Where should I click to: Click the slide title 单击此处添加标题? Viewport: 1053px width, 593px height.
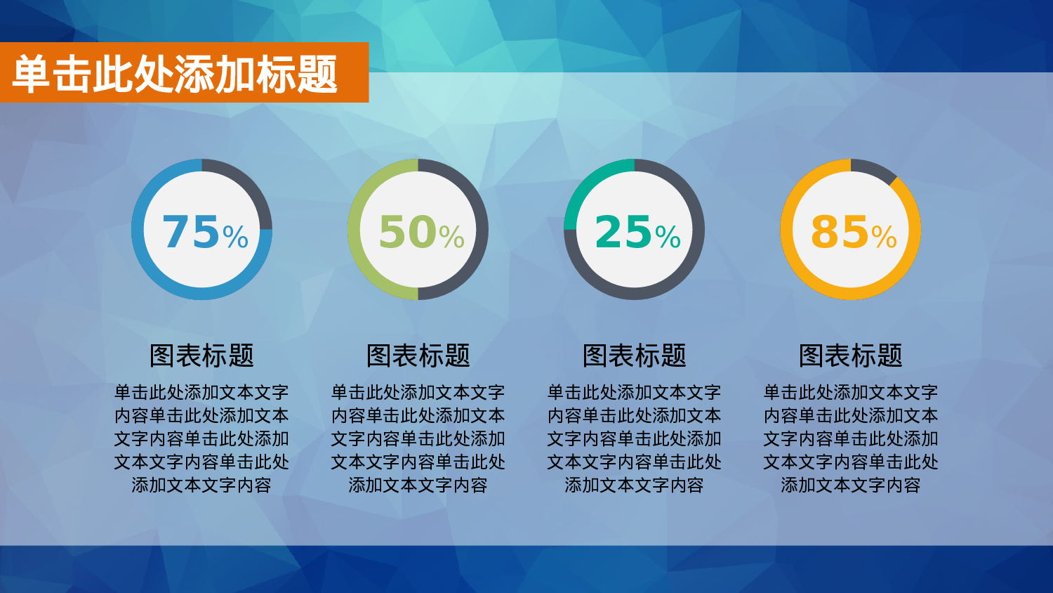tap(175, 74)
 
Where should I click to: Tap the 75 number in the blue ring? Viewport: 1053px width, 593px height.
tap(191, 232)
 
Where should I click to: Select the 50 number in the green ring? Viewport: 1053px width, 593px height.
tap(407, 232)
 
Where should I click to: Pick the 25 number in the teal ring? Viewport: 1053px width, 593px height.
tap(623, 232)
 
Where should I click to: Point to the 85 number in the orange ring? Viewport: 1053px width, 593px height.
tap(840, 232)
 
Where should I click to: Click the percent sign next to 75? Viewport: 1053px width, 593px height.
tap(235, 237)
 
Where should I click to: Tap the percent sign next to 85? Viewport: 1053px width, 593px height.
tap(884, 237)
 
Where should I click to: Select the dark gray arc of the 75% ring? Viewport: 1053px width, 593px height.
tap(247, 185)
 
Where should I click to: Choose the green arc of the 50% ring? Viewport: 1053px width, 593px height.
tap(355, 230)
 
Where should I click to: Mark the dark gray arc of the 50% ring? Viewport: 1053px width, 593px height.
tap(482, 230)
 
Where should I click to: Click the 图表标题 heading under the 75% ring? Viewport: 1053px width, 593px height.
tap(201, 356)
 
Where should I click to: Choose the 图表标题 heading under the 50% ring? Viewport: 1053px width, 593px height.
tap(418, 356)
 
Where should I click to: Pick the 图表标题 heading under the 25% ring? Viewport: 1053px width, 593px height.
tap(634, 356)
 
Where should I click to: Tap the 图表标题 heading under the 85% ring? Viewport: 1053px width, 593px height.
tap(850, 356)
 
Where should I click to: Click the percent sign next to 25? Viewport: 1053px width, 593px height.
tap(668, 237)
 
